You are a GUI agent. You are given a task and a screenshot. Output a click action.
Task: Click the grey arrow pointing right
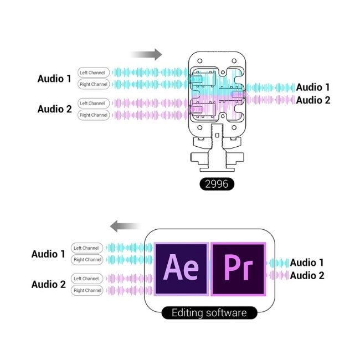pyautogui.click(x=146, y=55)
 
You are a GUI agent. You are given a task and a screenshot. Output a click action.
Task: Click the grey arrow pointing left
pyautogui.click(x=125, y=226)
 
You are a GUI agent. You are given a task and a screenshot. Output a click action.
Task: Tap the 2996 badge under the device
pyautogui.click(x=217, y=184)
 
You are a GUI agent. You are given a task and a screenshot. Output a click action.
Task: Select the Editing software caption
pyautogui.click(x=209, y=313)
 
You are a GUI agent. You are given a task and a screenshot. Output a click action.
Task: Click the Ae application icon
pyautogui.click(x=181, y=269)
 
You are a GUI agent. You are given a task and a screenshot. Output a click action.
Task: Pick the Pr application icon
pyautogui.click(x=238, y=269)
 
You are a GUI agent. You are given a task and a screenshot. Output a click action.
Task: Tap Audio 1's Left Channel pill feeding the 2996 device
pyautogui.click(x=94, y=73)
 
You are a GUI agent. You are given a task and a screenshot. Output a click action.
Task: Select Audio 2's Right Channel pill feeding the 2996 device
pyautogui.click(x=94, y=115)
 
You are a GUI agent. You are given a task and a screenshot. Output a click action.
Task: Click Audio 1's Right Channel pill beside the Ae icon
pyautogui.click(x=87, y=260)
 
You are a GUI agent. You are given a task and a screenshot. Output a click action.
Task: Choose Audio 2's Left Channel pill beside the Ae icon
pyautogui.click(x=87, y=279)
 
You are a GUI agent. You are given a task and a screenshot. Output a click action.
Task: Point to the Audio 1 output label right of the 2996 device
pyautogui.click(x=313, y=88)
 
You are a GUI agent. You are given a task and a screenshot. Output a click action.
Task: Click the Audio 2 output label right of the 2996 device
pyautogui.click(x=313, y=100)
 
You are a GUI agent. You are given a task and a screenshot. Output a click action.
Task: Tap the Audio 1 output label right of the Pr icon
pyautogui.click(x=307, y=263)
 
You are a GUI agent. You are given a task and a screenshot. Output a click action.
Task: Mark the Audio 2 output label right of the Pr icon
pyautogui.click(x=307, y=275)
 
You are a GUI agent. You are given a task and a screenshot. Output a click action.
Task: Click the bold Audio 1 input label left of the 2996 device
pyautogui.click(x=54, y=79)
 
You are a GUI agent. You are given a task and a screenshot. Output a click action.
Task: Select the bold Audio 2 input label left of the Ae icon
pyautogui.click(x=48, y=284)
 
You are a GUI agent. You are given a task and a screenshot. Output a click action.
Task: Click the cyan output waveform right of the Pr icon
pyautogui.click(x=277, y=263)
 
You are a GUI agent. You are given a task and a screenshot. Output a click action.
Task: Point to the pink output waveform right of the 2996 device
pyautogui.click(x=270, y=100)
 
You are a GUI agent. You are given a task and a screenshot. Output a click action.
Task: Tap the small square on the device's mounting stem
pyautogui.click(x=217, y=135)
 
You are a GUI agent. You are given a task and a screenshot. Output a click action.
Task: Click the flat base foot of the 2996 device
pyautogui.click(x=217, y=170)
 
